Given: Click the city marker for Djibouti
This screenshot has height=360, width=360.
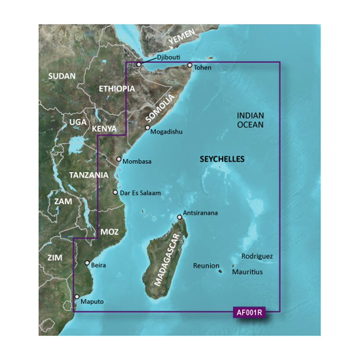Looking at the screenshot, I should (x=139, y=64).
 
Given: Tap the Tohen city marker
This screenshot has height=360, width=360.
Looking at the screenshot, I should (x=190, y=66).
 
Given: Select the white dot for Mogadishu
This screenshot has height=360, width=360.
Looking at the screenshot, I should (x=147, y=128).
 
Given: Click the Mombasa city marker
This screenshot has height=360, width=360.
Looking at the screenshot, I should (x=119, y=159).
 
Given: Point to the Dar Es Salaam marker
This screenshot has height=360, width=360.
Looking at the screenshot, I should (x=115, y=193).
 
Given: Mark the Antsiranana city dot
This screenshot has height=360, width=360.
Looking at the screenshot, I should (x=179, y=217).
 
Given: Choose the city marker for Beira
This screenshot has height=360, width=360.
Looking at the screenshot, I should (x=87, y=263).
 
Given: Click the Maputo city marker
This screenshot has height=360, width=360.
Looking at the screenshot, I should (x=76, y=297).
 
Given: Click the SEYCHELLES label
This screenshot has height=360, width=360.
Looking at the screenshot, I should (x=222, y=159).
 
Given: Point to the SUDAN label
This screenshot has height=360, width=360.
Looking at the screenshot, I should (x=62, y=76).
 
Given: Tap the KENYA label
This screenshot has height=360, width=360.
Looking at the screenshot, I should (x=104, y=129).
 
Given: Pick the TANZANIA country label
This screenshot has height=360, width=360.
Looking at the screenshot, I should (x=89, y=175).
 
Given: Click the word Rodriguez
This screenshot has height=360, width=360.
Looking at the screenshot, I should (x=257, y=257).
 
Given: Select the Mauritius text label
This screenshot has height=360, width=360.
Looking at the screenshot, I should (x=247, y=272).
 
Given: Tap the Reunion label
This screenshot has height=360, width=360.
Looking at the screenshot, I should (x=206, y=266).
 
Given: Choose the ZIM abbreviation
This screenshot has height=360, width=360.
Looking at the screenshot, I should (x=55, y=258).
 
